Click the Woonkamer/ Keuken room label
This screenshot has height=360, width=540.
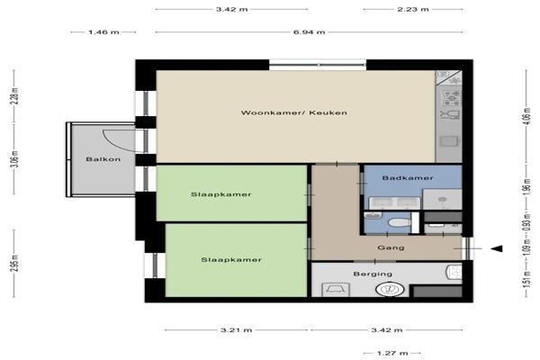pyautogui.click(x=293, y=112)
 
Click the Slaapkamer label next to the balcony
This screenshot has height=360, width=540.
pyautogui.click(x=220, y=194)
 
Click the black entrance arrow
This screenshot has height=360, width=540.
pyautogui.click(x=496, y=248)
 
